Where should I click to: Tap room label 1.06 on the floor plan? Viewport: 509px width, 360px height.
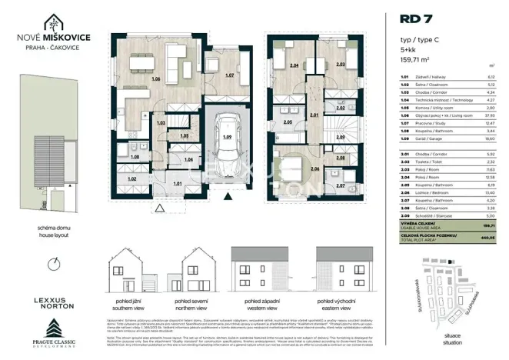click(x=156, y=79)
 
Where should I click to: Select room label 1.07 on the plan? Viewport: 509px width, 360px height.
click(x=229, y=75)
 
